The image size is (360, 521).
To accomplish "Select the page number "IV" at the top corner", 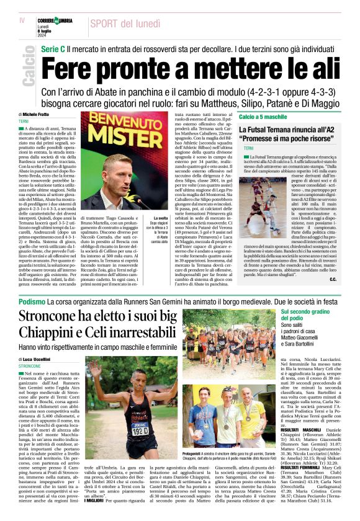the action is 23,20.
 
